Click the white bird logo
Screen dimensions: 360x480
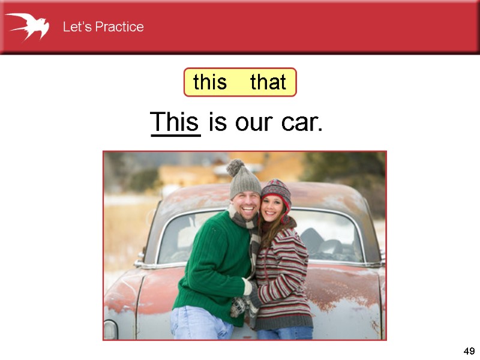tap(27, 26)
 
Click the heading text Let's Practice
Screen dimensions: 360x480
tap(103, 27)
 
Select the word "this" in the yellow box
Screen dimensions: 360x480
tap(210, 82)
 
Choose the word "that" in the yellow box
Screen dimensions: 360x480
tap(268, 82)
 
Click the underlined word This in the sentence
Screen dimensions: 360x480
tap(175, 122)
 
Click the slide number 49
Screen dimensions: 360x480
tap(469, 351)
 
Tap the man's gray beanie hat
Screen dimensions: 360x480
tap(245, 184)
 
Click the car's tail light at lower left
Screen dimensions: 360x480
tap(110, 329)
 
